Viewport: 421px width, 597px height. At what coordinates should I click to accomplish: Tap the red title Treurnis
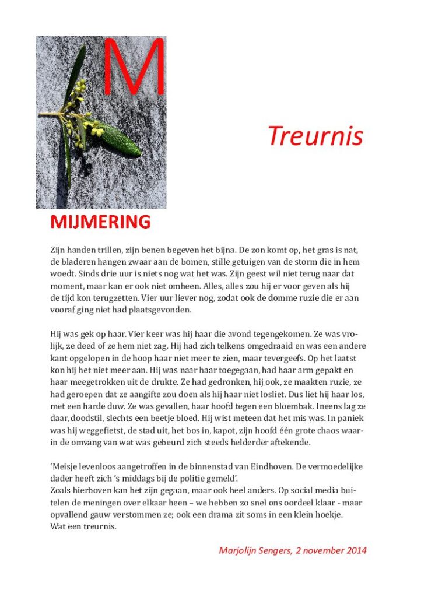tap(315, 136)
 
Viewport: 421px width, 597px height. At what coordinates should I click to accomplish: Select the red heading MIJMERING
tap(100, 222)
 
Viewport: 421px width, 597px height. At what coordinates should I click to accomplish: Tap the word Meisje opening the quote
tap(66, 468)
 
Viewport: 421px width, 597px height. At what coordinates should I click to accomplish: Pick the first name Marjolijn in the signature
tap(240, 550)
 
